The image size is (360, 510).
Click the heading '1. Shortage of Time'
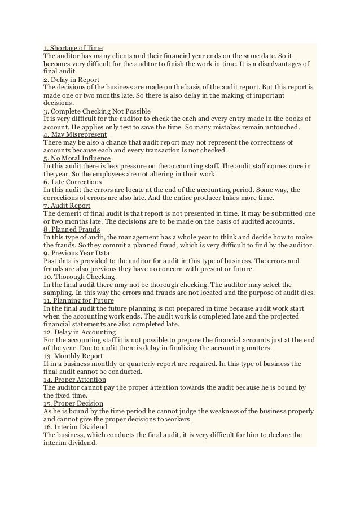pyautogui.click(x=73, y=48)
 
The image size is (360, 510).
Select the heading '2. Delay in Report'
pyautogui.click(x=71, y=80)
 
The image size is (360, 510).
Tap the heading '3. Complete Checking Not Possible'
pyautogui.click(x=93, y=111)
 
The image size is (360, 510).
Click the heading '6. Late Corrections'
pyautogui.click(x=72, y=182)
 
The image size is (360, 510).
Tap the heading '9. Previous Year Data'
pyautogui.click(x=77, y=254)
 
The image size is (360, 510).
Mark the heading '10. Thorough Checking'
pyautogui.click(x=79, y=277)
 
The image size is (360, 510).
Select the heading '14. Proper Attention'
pyautogui.click(x=74, y=380)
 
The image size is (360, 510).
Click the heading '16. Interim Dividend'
pyautogui.click(x=74, y=428)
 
